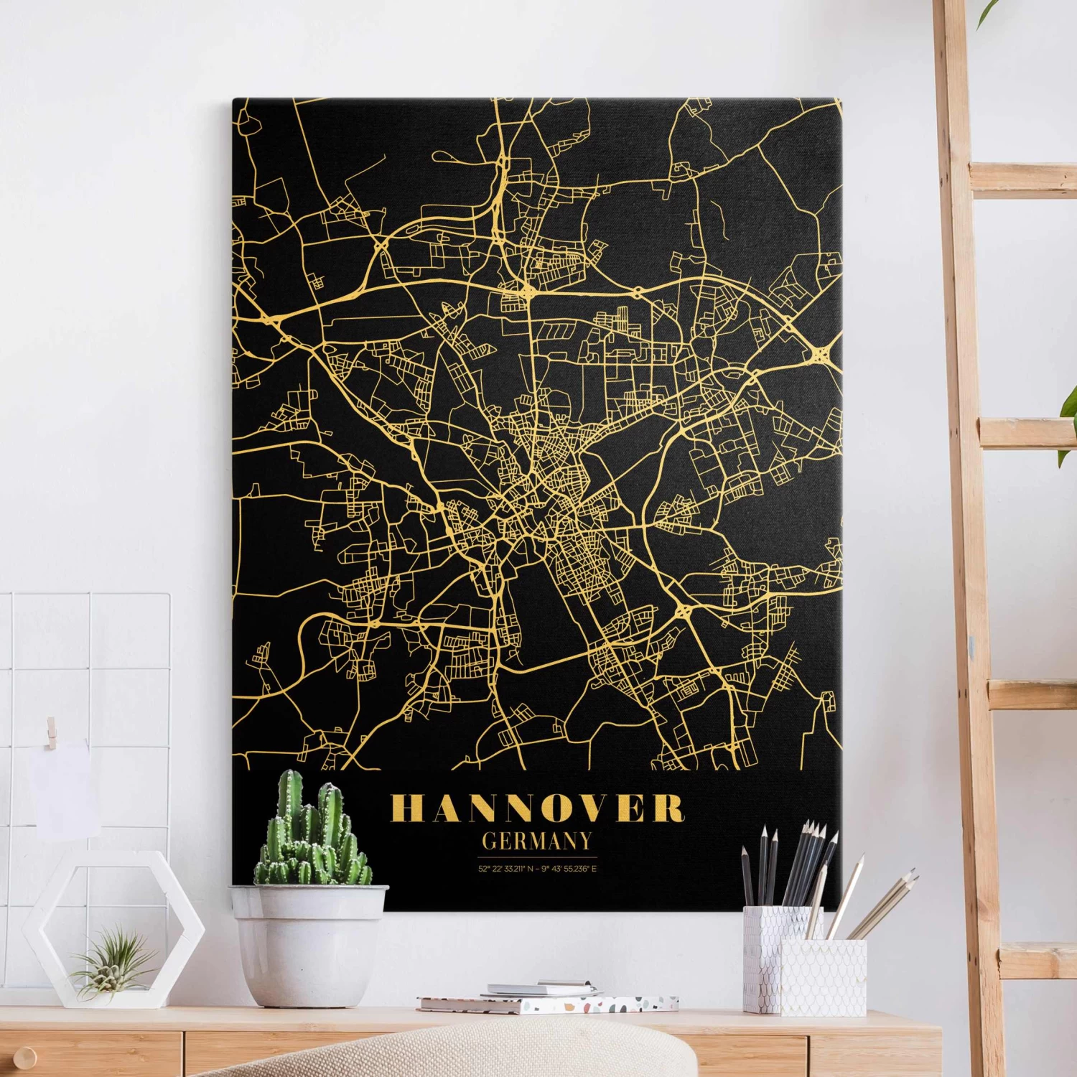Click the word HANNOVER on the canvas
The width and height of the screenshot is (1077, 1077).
[x=537, y=808]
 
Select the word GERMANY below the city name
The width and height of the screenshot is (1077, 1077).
[x=537, y=841]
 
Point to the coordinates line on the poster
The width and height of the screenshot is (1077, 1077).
[x=537, y=869]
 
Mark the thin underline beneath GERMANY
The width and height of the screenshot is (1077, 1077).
[x=537, y=857]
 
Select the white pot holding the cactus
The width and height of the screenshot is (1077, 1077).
[x=309, y=941]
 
